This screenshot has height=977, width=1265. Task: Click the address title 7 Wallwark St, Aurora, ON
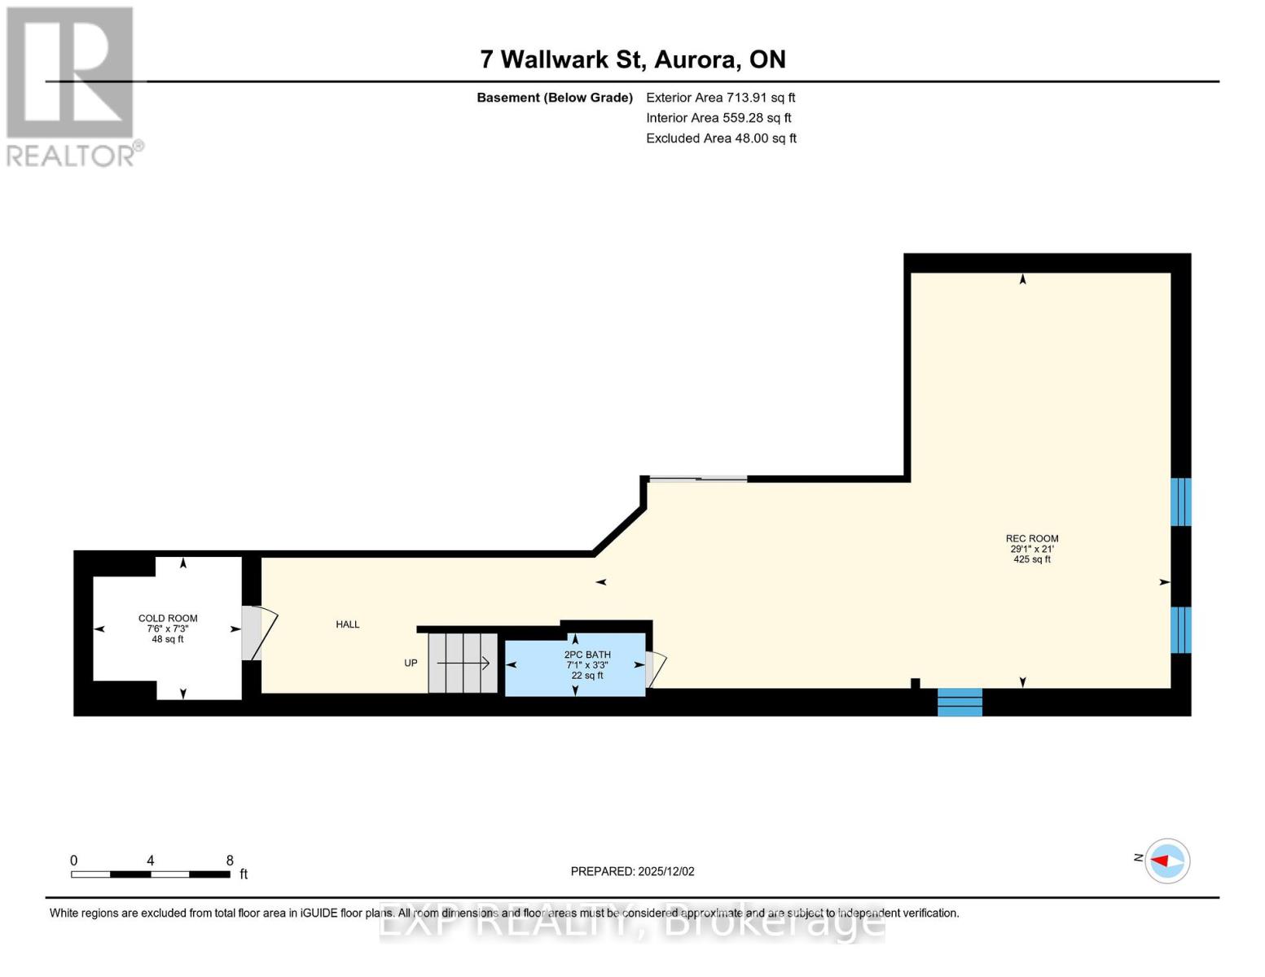632,59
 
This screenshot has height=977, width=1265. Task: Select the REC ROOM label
1031,539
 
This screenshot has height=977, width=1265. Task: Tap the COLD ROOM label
168,619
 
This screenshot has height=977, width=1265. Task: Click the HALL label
348,624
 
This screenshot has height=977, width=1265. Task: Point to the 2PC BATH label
586,655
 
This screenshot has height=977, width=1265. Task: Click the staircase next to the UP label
463,663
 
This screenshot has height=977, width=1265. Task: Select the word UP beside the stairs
411,664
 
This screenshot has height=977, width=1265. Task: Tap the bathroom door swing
655,668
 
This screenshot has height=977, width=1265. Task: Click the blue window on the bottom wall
960,702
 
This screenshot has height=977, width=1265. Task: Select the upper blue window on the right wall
1180,502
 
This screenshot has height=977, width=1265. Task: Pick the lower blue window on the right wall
1180,629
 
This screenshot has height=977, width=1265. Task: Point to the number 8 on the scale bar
230,861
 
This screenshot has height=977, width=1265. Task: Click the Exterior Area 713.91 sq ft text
720,98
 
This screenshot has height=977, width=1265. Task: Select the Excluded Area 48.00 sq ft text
721,138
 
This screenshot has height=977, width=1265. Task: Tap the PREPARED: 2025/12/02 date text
632,871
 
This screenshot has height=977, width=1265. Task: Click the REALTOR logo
72,85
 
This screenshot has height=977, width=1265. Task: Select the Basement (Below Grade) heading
554,98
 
